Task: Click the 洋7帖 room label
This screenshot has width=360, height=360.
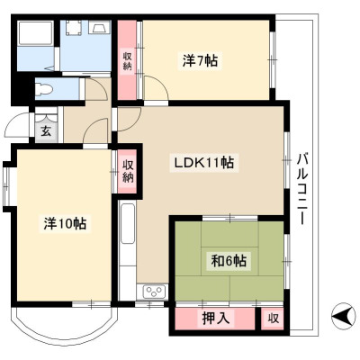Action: [x=200, y=61]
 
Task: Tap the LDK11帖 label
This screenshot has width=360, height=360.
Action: [x=204, y=162]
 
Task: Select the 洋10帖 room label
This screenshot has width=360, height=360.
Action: [x=65, y=223]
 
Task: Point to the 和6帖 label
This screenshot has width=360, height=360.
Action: [x=229, y=260]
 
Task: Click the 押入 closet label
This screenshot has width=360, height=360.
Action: [x=216, y=318]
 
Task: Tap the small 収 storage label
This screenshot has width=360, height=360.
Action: [x=274, y=319]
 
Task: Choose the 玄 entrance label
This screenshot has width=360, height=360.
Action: [x=46, y=131]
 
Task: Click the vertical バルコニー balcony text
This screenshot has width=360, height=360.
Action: [x=302, y=189]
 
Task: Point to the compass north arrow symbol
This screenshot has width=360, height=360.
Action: [x=343, y=316]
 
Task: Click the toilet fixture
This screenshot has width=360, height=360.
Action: [x=44, y=89]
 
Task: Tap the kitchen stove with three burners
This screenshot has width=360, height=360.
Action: [x=154, y=292]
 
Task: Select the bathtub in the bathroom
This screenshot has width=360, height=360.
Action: [x=36, y=33]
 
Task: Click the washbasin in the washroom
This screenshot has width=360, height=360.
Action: [x=99, y=28]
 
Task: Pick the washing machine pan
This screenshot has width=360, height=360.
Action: [x=74, y=28]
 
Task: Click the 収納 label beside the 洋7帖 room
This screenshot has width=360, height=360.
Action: [x=127, y=61]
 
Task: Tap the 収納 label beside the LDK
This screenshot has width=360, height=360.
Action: [x=127, y=172]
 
